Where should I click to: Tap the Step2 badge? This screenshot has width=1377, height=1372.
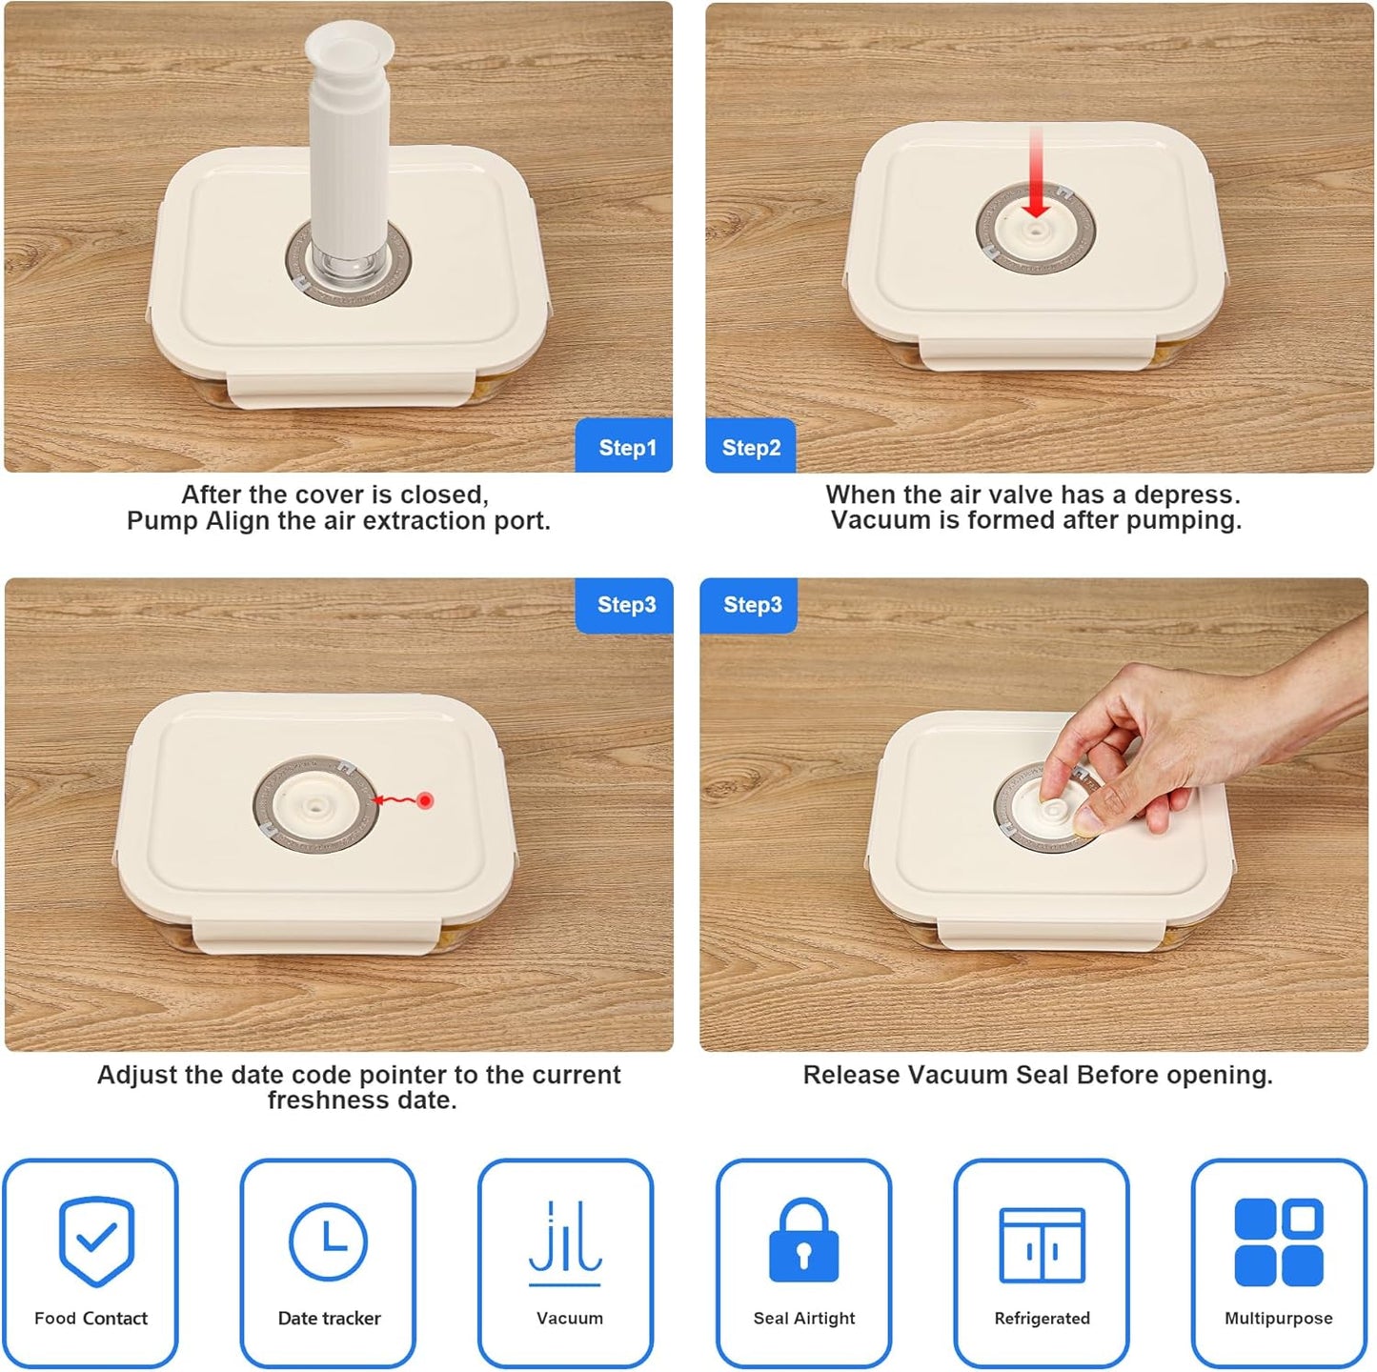(750, 445)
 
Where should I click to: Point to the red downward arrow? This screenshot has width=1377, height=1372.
(1036, 172)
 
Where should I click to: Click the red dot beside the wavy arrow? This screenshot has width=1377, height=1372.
(425, 800)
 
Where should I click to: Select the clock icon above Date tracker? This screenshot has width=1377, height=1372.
(328, 1241)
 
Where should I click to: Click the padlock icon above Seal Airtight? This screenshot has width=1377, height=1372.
(804, 1240)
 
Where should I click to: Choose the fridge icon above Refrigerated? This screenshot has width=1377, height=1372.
(1042, 1244)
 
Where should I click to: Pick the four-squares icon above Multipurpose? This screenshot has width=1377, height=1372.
(1279, 1242)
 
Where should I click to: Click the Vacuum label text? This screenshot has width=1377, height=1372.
(570, 1318)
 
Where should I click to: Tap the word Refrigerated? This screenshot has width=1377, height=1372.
(1042, 1318)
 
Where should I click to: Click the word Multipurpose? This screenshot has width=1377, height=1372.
(1279, 1318)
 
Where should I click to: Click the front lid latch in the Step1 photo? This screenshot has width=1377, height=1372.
(351, 390)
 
